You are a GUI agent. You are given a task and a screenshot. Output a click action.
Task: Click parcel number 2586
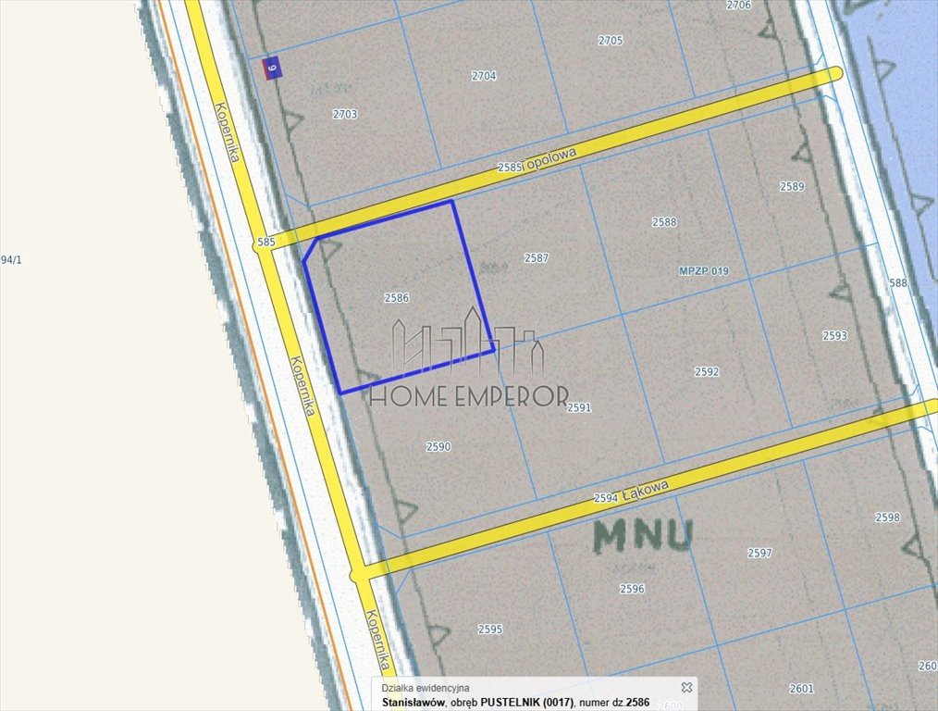pyautogui.click(x=396, y=298)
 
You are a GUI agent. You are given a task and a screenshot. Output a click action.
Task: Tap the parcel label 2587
pyautogui.click(x=537, y=258)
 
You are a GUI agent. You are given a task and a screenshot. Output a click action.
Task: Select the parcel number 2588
pyautogui.click(x=664, y=222)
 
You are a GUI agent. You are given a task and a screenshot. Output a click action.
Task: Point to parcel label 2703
pyautogui.click(x=344, y=114)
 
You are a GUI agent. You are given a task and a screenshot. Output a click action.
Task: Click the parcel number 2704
pyautogui.click(x=484, y=76)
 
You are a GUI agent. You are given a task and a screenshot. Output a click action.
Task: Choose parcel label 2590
pyautogui.click(x=438, y=446)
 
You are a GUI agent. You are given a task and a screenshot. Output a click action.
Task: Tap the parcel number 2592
pyautogui.click(x=707, y=372)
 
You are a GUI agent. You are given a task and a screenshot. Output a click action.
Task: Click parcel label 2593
pyautogui.click(x=834, y=336)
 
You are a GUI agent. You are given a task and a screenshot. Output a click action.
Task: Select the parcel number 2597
pyautogui.click(x=759, y=553)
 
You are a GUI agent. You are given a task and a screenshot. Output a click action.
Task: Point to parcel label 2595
pyautogui.click(x=490, y=630)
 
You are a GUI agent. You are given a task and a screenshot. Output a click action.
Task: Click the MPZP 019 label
pyautogui.click(x=703, y=271)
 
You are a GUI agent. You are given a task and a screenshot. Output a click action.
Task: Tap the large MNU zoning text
pyautogui.click(x=643, y=536)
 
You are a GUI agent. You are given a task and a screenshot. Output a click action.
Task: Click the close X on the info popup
pyautogui.click(x=686, y=687)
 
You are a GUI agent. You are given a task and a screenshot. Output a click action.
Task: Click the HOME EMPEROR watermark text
pyautogui.click(x=468, y=397)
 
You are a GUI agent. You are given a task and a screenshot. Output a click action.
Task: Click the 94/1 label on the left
pyautogui.click(x=11, y=260)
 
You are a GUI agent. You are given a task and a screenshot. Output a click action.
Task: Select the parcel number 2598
pyautogui.click(x=887, y=518)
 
